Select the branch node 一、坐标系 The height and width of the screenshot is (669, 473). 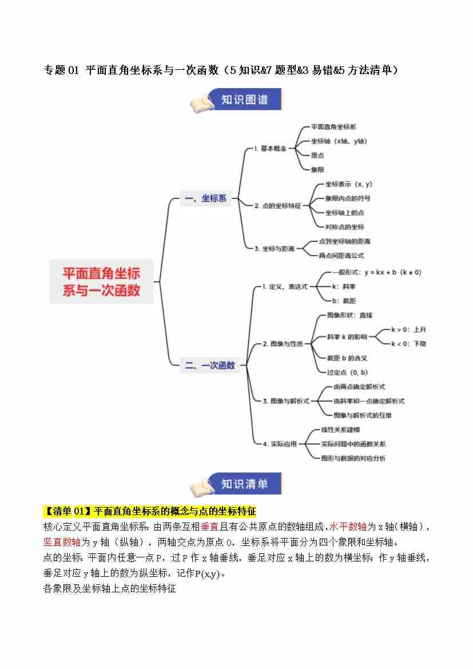click(x=206, y=199)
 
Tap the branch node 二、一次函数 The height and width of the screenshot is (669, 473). click(x=210, y=365)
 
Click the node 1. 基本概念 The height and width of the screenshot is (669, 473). click(x=270, y=149)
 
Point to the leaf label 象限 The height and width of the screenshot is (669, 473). click(x=317, y=169)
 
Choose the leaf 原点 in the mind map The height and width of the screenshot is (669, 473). click(x=317, y=155)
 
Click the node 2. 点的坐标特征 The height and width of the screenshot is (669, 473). click(x=277, y=205)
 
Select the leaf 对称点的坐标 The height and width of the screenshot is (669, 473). click(x=344, y=227)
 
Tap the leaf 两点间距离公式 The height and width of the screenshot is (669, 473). click(x=341, y=255)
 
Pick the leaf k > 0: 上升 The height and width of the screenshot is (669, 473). click(x=408, y=330)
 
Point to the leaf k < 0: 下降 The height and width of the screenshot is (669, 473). click(x=408, y=343)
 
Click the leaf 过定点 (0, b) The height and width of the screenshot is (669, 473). click(x=347, y=372)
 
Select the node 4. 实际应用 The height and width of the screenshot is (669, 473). click(x=280, y=444)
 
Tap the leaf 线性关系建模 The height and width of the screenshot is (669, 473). click(x=340, y=429)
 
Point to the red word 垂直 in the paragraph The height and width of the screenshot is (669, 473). click(x=209, y=527)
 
